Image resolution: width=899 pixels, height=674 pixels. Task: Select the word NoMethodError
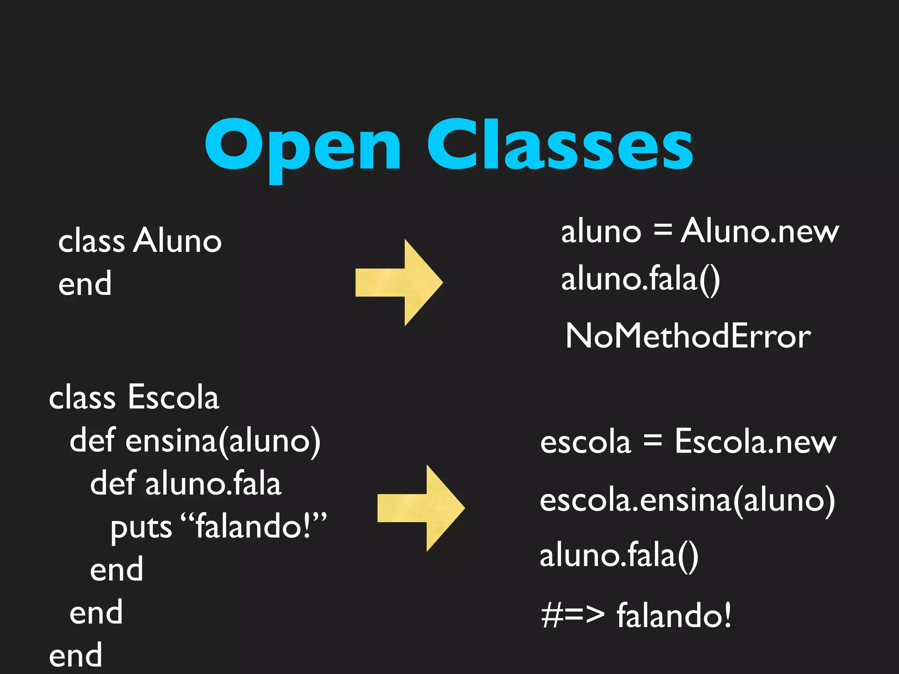(x=688, y=336)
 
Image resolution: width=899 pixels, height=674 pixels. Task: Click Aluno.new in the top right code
(x=759, y=231)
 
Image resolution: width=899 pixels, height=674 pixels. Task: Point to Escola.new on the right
(x=755, y=441)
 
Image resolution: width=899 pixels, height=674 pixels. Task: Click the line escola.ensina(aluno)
(x=687, y=500)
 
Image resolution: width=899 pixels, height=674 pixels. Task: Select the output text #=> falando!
(x=636, y=615)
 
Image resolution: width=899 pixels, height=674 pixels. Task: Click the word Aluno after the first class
(x=178, y=241)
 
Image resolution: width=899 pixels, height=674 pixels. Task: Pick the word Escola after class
(x=173, y=397)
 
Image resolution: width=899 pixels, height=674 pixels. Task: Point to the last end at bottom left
(x=76, y=655)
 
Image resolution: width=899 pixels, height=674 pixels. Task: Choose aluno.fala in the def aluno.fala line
(x=213, y=484)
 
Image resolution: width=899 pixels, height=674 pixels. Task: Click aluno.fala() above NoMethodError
(x=640, y=280)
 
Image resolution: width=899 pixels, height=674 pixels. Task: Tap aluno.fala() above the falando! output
(x=619, y=556)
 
